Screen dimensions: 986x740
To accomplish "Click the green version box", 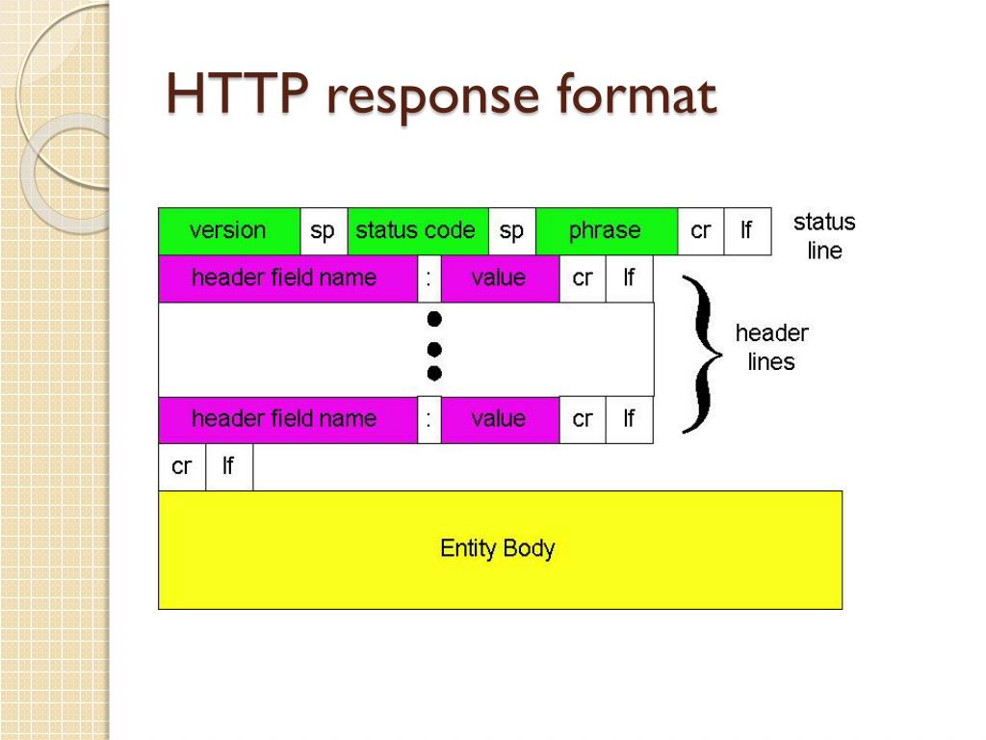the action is [229, 231].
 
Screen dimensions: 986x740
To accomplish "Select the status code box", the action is [417, 231].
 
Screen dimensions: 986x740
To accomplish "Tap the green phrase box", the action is [606, 231].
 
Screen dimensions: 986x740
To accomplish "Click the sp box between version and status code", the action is [324, 231].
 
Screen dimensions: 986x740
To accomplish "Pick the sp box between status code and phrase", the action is [511, 231].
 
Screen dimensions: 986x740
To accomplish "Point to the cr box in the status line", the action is [700, 231].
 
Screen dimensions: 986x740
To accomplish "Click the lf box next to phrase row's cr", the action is [747, 231].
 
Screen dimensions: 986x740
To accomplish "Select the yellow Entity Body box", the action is [500, 549].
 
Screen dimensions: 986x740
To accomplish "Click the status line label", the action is [824, 236].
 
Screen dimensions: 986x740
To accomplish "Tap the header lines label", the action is [771, 347].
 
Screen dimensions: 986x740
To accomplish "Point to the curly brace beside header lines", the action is [704, 353].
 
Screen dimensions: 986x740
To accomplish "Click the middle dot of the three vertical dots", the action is [434, 347].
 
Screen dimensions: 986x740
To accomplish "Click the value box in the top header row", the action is [500, 278].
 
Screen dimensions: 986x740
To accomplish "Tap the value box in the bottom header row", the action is [500, 419].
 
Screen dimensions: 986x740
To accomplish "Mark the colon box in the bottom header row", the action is [429, 419].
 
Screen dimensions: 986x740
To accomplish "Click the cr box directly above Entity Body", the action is [182, 467].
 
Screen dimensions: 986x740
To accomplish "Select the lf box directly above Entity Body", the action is [229, 467].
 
